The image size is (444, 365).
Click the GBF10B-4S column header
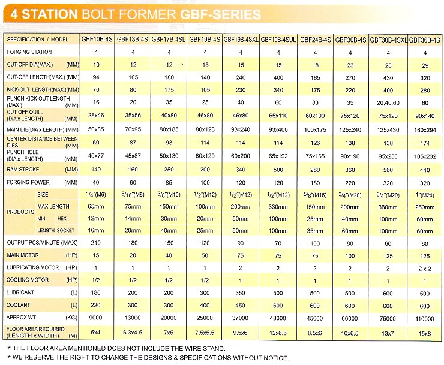pos(97,40)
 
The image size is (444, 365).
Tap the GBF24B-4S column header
pos(316,40)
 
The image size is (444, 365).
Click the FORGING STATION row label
pos(29,52)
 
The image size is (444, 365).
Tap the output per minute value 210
pos(97,242)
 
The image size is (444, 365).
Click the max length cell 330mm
pos(278,206)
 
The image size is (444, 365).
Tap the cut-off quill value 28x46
pos(97,114)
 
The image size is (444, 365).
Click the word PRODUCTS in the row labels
pos(20,212)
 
